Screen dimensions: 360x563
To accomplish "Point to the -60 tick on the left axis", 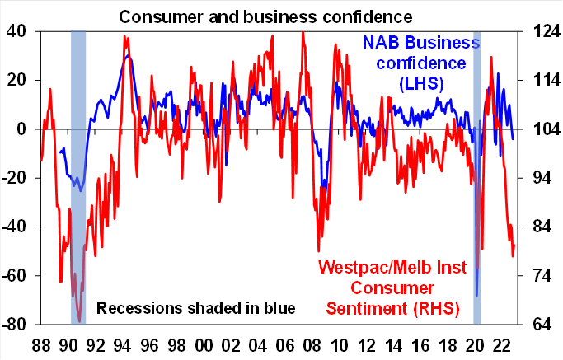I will [x=16, y=275].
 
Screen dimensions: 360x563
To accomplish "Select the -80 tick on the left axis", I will [x=16, y=324].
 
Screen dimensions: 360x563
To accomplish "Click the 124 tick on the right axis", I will [x=534, y=31].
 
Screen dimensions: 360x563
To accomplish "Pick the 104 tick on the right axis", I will [x=534, y=129].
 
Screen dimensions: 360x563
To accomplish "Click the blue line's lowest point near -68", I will [x=476, y=295].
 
